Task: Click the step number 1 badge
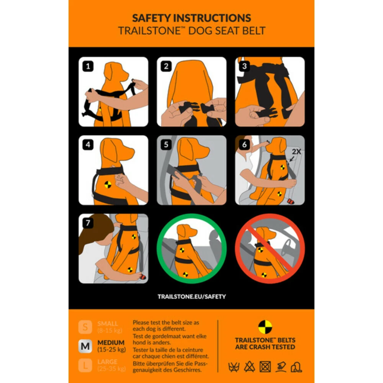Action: click(88, 67)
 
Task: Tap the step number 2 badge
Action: click(166, 67)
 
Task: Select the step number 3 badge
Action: click(244, 67)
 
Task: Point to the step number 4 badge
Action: click(88, 145)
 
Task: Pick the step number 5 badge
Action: click(166, 145)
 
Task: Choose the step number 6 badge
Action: click(244, 145)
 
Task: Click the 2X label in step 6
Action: click(296, 152)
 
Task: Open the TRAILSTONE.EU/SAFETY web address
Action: click(191, 296)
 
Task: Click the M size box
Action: click(85, 346)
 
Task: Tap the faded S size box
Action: click(85, 327)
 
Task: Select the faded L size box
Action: click(85, 365)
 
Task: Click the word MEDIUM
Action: click(111, 342)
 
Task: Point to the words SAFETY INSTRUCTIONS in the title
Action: click(191, 18)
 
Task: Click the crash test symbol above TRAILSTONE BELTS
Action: click(265, 327)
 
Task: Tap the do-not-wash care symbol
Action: click(234, 367)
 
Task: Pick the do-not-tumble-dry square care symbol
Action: click(265, 367)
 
